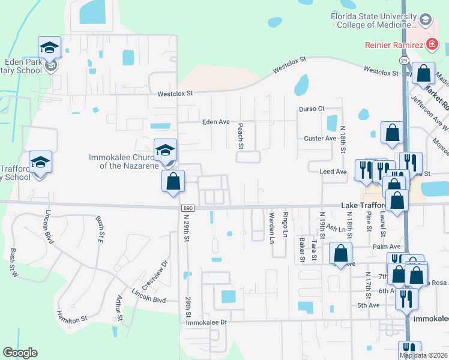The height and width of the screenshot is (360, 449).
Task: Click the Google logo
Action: [20, 353]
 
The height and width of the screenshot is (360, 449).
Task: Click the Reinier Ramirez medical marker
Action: [430, 44]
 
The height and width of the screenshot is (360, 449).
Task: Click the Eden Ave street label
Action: [216, 122]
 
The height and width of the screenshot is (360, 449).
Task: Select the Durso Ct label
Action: [312, 109]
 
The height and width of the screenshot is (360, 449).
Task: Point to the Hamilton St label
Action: [71, 316]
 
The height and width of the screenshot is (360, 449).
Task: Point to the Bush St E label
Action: [100, 228]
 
